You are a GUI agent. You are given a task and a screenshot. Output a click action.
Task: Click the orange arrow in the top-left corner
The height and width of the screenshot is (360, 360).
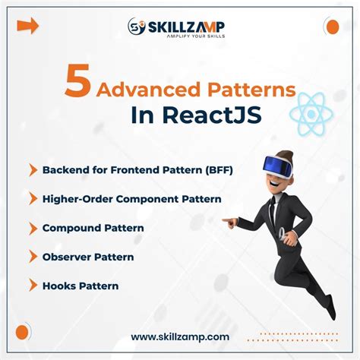[x=27, y=27]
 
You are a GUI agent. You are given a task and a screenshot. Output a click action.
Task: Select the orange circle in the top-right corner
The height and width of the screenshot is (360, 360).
[x=332, y=27]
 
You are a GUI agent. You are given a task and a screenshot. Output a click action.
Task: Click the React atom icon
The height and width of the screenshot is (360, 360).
[x=312, y=114]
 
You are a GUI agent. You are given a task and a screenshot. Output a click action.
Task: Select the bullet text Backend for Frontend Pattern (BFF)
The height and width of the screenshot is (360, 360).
[x=137, y=169]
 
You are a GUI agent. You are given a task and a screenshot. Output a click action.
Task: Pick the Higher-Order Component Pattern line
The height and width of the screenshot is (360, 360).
[x=131, y=199]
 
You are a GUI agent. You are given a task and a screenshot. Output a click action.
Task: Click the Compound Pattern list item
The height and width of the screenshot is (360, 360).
[x=93, y=228]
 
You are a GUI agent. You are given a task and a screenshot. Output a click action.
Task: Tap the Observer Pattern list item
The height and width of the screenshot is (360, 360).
[x=88, y=257]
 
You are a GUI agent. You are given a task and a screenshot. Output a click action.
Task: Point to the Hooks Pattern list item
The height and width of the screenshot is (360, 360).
[x=80, y=286]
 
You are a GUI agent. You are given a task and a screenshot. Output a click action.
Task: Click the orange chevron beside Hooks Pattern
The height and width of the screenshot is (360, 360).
[x=32, y=286]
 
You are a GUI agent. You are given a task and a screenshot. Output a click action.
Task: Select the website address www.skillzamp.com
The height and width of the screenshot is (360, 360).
[x=180, y=335]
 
